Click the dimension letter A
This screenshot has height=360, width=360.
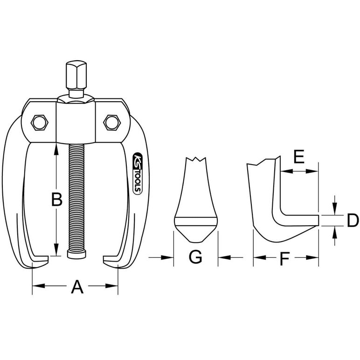[x=77, y=287]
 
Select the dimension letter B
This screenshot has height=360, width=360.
[x=57, y=199]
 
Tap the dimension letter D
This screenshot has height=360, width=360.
[x=353, y=220]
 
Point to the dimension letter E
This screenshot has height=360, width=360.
[x=299, y=156]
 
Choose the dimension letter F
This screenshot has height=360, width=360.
[x=284, y=258]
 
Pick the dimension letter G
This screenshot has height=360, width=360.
[x=195, y=256]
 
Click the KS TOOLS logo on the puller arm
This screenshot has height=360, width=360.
[x=138, y=173]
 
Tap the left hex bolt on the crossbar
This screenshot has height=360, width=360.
[x=40, y=123]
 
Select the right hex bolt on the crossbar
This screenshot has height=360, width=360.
[x=112, y=123]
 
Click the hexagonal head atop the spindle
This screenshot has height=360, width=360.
[x=76, y=75]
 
